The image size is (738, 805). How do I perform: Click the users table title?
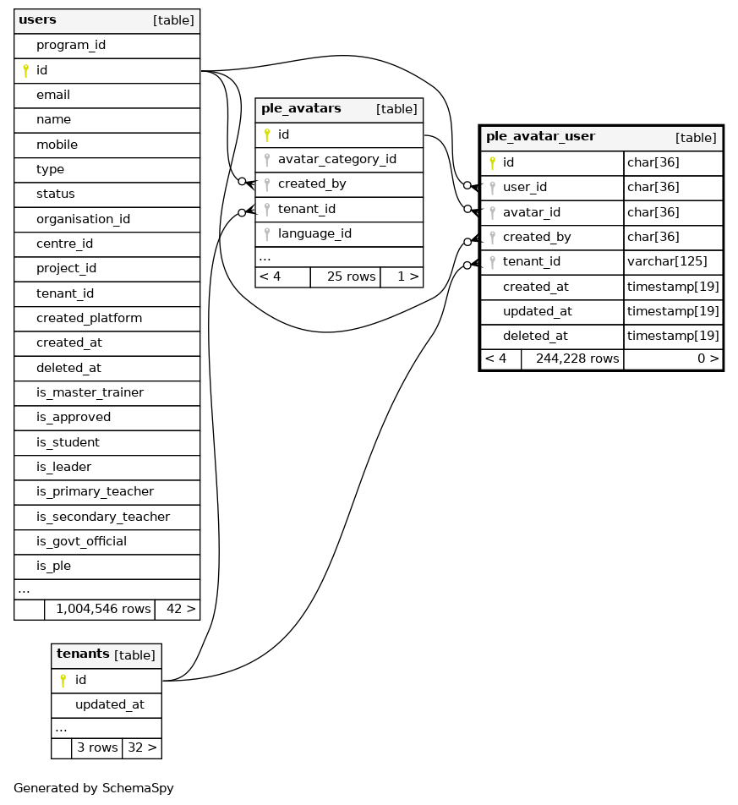coord(37,20)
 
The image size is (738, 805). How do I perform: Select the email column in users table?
coord(53,95)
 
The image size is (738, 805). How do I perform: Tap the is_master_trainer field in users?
coord(90,392)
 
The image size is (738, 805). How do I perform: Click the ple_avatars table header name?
coord(301,109)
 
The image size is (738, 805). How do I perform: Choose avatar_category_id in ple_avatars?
coord(336,159)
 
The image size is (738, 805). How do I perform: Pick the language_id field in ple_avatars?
coord(314,233)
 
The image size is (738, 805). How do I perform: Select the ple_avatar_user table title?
coord(540,137)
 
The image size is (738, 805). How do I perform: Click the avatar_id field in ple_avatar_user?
coord(531,212)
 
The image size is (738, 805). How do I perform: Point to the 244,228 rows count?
coord(577,359)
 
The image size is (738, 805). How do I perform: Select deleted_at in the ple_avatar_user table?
coord(535,336)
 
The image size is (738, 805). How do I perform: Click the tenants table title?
coord(83,654)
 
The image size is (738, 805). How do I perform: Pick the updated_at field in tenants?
coord(109,704)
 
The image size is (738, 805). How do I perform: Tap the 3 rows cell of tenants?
coord(97,747)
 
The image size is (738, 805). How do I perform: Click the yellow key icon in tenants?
coord(63,680)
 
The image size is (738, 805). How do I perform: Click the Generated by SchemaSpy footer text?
coord(93,788)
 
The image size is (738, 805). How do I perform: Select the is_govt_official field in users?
coord(81,541)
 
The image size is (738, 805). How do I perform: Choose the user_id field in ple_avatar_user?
coord(525,187)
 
